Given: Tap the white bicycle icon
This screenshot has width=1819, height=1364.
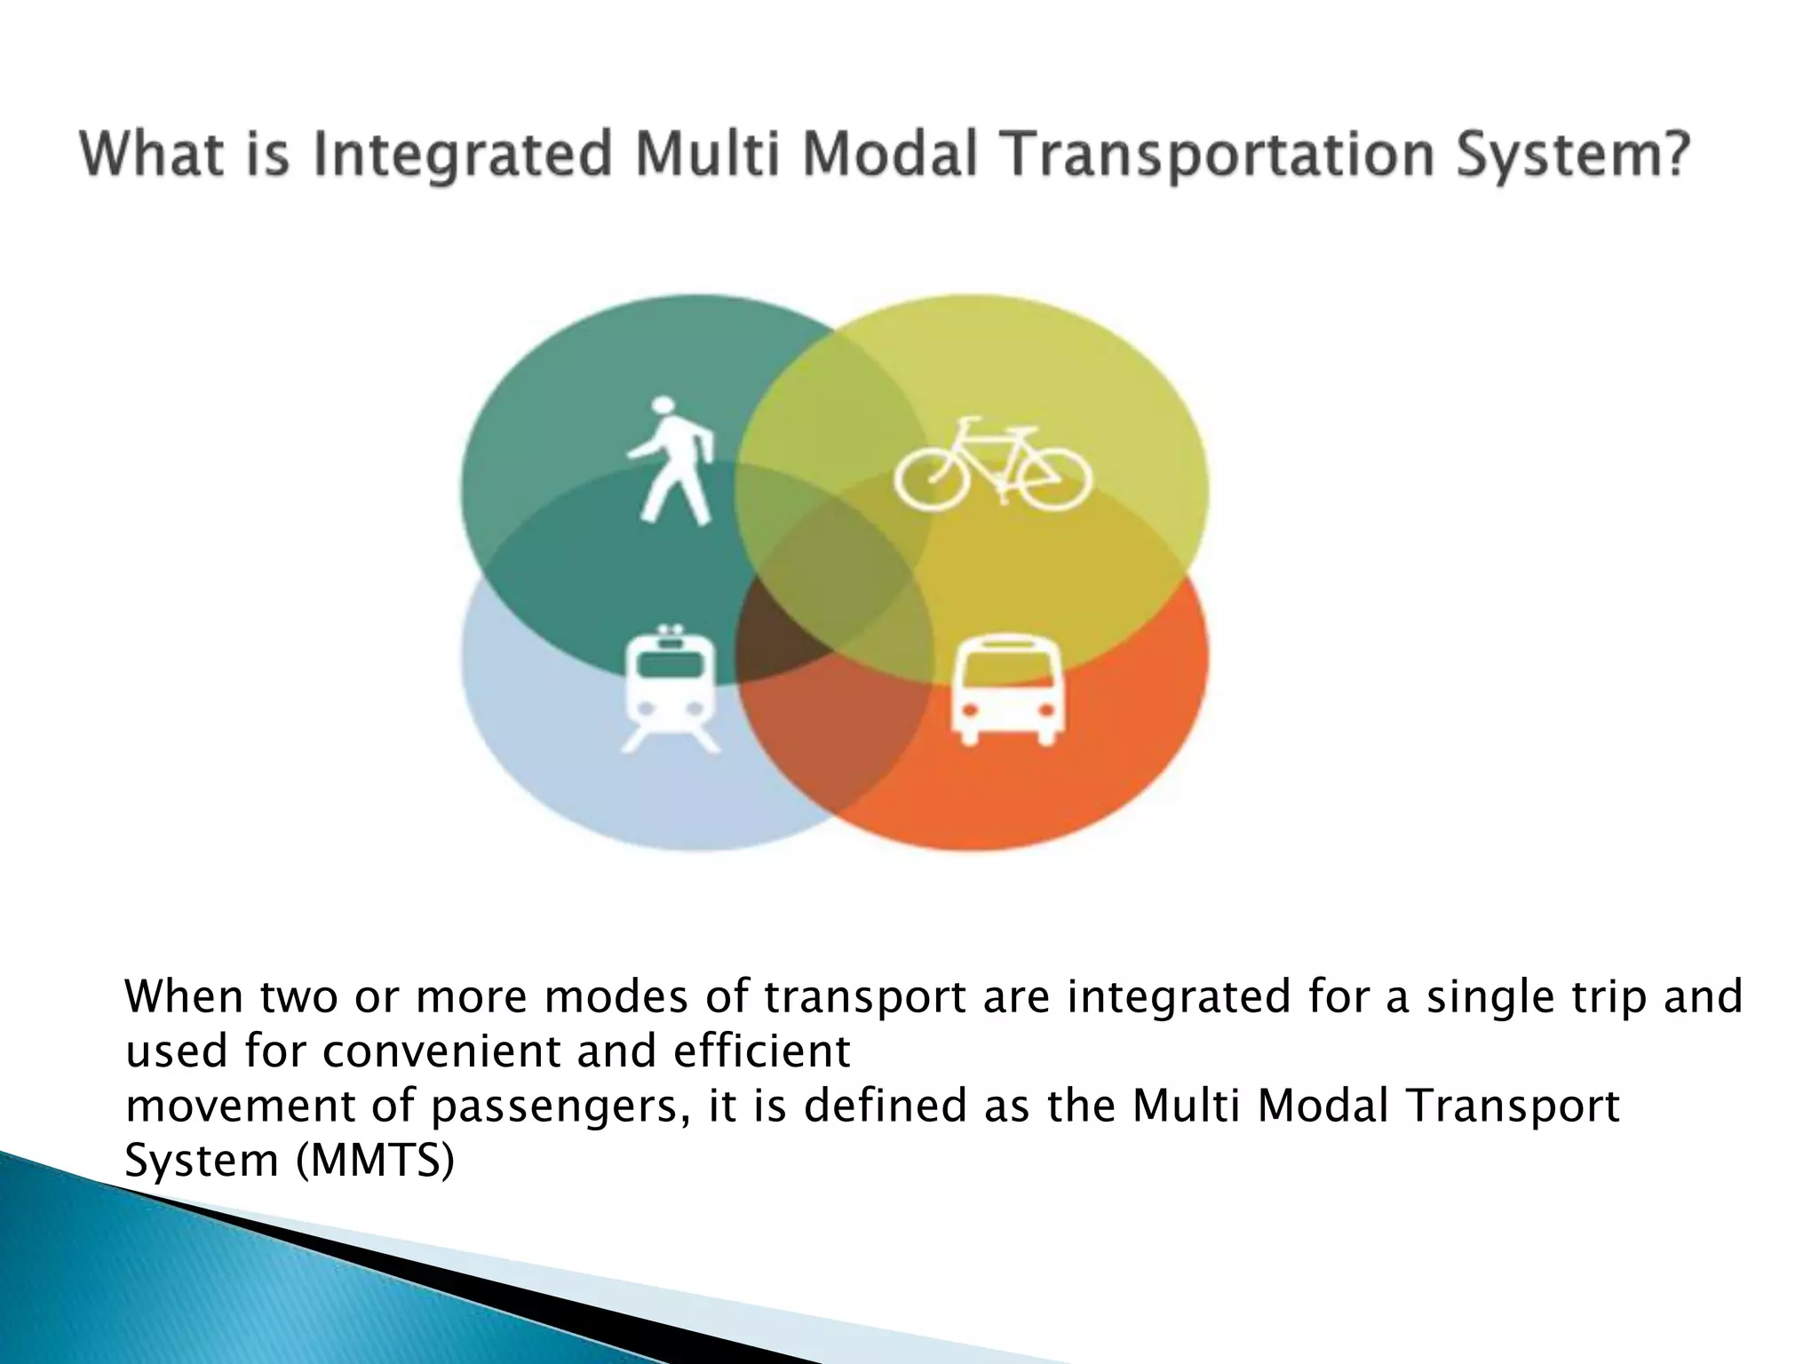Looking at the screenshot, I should [x=991, y=465].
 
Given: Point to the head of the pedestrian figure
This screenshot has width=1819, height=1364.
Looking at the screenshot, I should [x=663, y=408].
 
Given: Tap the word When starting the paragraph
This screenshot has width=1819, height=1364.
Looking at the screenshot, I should [x=184, y=996].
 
